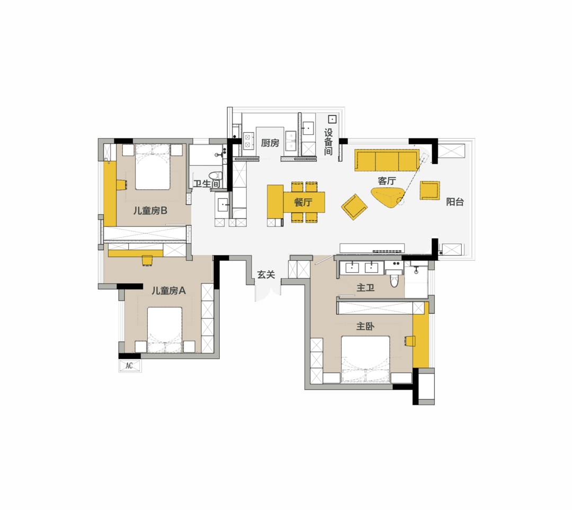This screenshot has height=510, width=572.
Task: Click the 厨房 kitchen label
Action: (x=270, y=143)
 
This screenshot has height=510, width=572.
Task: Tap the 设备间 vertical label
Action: (x=328, y=142)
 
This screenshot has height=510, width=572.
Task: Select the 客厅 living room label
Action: (x=387, y=181)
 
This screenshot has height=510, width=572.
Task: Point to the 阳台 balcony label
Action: (x=455, y=202)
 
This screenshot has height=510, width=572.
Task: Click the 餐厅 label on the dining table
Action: (x=303, y=202)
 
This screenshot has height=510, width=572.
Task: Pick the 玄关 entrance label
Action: (x=266, y=275)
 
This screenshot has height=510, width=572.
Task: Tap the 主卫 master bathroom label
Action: (x=365, y=288)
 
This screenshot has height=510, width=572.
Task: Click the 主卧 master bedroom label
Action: (x=365, y=326)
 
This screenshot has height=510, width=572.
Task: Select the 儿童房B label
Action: (x=150, y=211)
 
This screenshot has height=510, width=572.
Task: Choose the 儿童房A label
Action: (x=168, y=290)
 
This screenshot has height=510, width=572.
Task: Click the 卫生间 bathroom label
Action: (x=207, y=184)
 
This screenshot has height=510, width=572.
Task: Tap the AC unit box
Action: (x=130, y=366)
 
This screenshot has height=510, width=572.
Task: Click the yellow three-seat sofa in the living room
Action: (x=387, y=160)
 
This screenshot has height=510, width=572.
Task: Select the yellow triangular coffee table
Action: (x=387, y=197)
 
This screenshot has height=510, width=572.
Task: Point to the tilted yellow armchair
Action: (x=354, y=206)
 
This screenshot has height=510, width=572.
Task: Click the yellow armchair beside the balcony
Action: (x=430, y=190)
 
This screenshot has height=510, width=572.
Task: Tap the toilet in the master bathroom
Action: (x=394, y=279)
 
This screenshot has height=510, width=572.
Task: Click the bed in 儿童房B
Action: (x=153, y=167)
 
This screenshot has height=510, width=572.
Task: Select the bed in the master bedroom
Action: (x=365, y=359)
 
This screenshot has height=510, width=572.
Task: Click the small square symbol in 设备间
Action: (x=332, y=119)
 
